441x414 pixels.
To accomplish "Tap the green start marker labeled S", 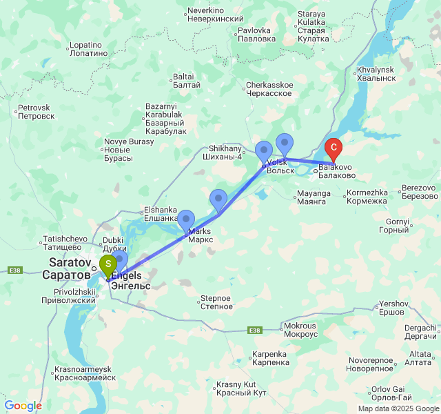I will click(108, 264).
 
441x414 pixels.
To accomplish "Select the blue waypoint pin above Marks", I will click(186, 219).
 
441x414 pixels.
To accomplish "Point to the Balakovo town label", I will click(336, 171).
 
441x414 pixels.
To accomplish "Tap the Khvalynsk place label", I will click(376, 74).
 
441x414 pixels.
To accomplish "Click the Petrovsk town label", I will click(35, 112).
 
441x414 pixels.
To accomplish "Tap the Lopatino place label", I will click(89, 49).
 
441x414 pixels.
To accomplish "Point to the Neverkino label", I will click(216, 15).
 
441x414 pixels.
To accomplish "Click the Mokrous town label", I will click(300, 329).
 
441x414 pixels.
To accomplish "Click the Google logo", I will click(23, 406).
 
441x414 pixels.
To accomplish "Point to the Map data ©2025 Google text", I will click(398, 408).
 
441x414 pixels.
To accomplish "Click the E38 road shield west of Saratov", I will click(14, 270).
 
